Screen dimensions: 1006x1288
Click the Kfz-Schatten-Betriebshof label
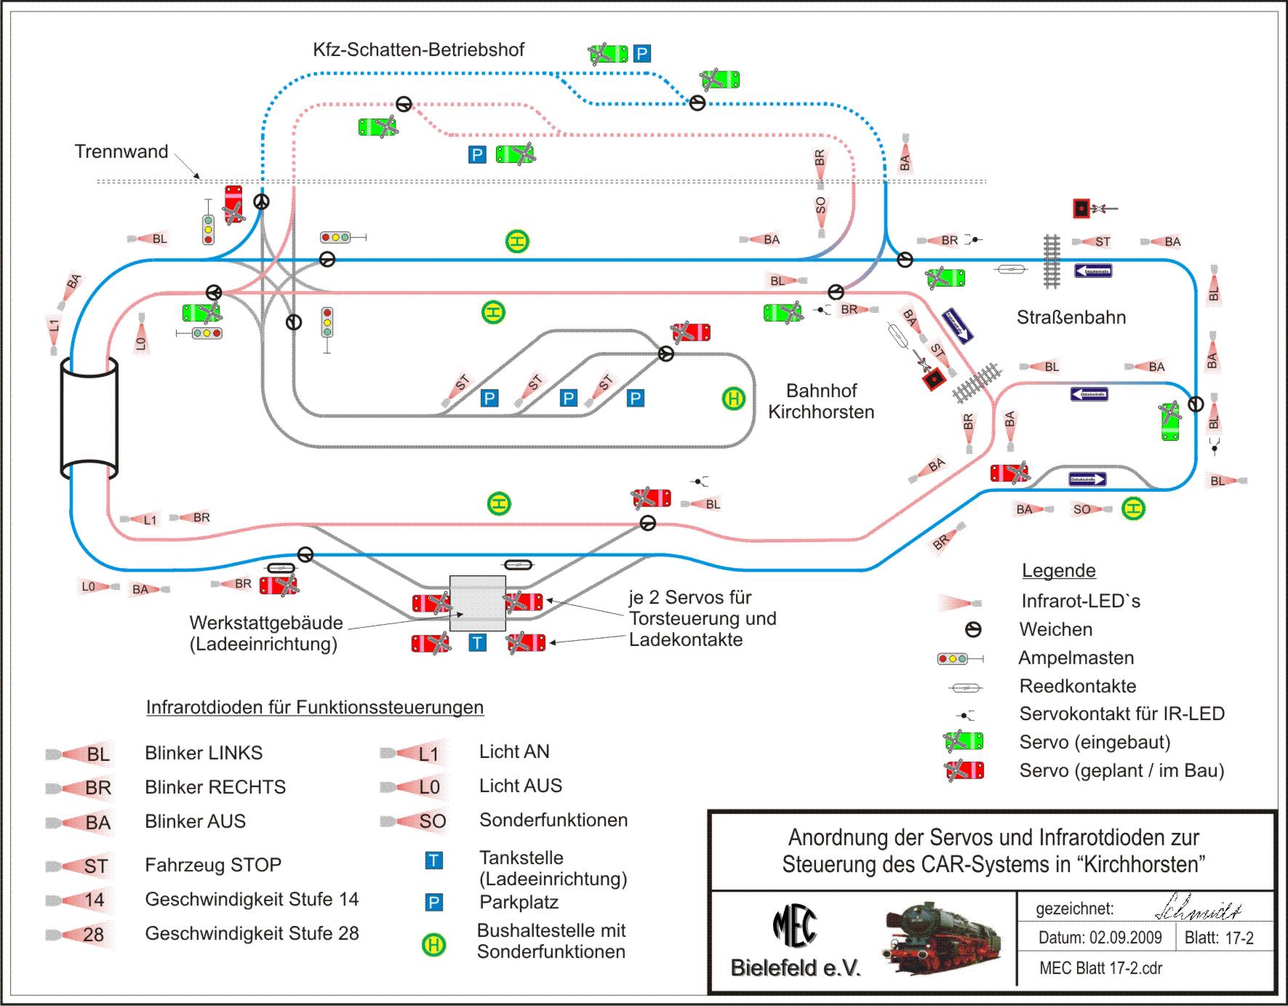click(418, 49)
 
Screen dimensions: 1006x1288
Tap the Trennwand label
click(121, 151)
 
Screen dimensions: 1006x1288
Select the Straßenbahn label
click(1071, 317)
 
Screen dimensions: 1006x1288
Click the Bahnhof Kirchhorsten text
click(821, 401)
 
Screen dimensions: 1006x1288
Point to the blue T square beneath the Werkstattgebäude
click(477, 642)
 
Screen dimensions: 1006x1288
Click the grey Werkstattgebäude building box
click(477, 603)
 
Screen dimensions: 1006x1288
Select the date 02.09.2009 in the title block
click(1100, 938)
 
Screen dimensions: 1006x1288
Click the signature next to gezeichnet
click(1197, 910)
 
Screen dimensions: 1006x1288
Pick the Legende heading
click(1058, 570)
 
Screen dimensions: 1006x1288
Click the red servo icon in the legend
click(964, 770)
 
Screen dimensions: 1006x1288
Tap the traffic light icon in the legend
click(960, 658)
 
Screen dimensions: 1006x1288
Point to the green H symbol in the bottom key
click(434, 945)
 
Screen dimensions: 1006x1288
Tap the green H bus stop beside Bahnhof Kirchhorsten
click(733, 399)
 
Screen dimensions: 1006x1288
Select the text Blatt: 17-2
click(1219, 938)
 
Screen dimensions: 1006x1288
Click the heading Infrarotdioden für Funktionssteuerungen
click(315, 707)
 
